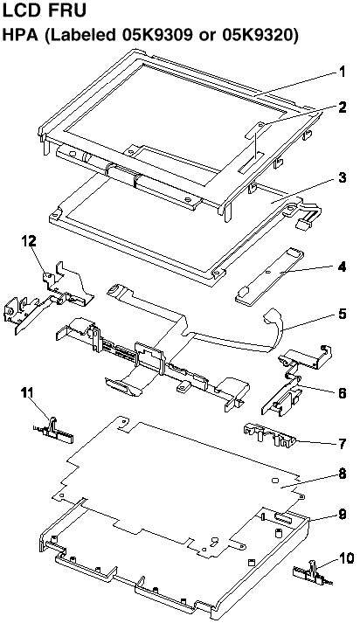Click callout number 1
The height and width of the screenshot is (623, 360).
(x=342, y=73)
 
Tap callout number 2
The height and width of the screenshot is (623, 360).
(x=342, y=107)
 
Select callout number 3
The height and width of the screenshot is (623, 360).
(x=342, y=177)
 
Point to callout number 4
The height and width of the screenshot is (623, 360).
(x=342, y=267)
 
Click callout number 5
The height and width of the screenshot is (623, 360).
(x=342, y=314)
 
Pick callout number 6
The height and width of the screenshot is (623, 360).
(x=342, y=393)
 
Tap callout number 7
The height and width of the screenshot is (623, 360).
(x=342, y=443)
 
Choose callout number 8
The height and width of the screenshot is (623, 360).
(x=342, y=474)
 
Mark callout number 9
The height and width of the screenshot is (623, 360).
(x=342, y=515)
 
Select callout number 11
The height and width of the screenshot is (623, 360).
(x=29, y=393)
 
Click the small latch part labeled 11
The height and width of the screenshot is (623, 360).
(x=53, y=433)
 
